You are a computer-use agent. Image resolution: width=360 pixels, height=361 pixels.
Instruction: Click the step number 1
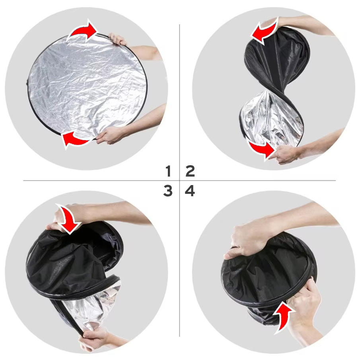click(x=168, y=172)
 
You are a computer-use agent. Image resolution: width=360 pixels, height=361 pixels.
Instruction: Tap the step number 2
click(x=190, y=172)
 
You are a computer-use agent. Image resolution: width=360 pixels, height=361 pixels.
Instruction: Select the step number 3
click(x=168, y=191)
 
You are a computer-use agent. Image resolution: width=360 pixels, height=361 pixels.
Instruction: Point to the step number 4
click(x=190, y=191)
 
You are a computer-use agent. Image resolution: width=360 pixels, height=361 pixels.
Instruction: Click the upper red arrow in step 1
click(x=83, y=31)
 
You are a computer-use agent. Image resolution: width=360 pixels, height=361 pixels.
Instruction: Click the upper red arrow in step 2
click(x=264, y=33)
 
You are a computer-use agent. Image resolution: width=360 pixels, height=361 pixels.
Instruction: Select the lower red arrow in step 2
click(x=261, y=149)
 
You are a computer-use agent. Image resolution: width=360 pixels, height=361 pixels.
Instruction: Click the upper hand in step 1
click(x=118, y=39)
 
